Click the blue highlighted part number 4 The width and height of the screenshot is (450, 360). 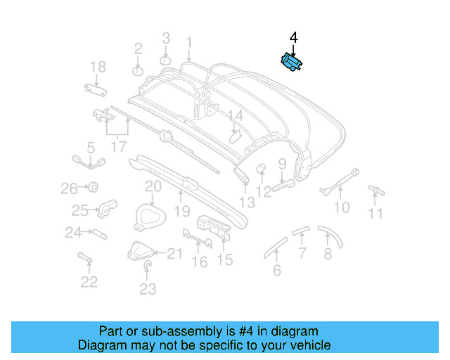point(291,63)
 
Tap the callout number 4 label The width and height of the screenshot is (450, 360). point(293,38)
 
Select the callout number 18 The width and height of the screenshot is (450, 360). point(98,67)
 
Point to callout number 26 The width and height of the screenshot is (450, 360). point(68,188)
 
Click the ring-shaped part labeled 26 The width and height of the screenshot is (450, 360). point(91,188)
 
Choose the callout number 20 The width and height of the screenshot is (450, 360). point(153,186)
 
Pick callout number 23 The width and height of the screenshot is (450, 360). point(147,288)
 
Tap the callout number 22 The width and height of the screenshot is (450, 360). point(89,282)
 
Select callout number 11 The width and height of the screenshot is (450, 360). point(378,214)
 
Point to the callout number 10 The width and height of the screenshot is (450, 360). point(341,208)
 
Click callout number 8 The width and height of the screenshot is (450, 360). point(328,255)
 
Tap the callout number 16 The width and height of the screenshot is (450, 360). point(200,262)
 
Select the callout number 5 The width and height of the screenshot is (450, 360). point(91,148)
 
